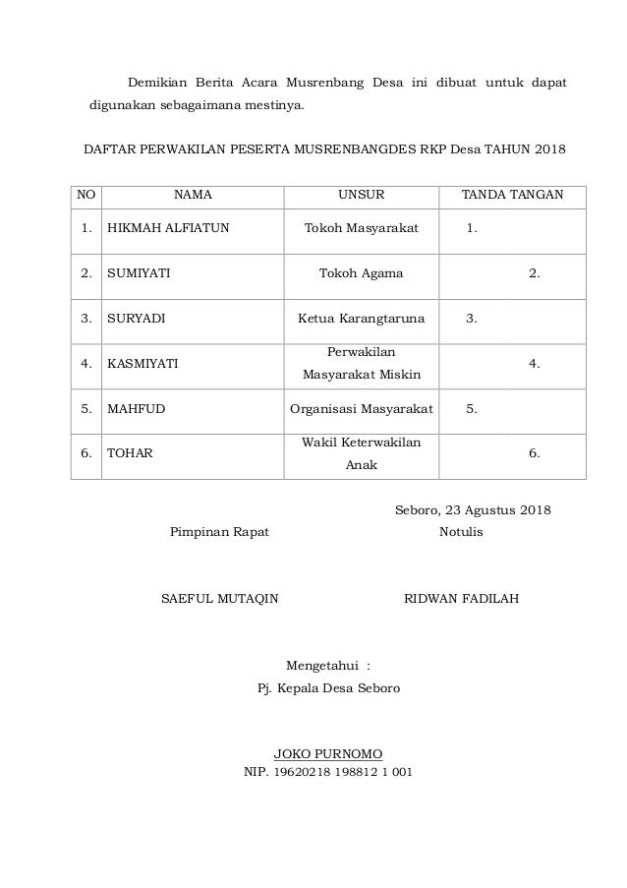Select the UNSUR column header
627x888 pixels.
pyautogui.click(x=361, y=195)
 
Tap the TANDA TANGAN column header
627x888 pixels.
pyautogui.click(x=512, y=195)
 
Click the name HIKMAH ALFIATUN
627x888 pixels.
pyautogui.click(x=168, y=228)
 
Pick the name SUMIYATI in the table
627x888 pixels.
pyautogui.click(x=138, y=273)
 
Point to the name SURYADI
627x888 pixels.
pyautogui.click(x=136, y=319)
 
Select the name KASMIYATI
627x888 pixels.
pyautogui.click(x=142, y=364)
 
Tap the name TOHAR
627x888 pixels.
pyautogui.click(x=129, y=454)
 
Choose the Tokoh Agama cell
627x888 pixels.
pyautogui.click(x=361, y=273)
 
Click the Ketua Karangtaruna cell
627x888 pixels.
pyautogui.click(x=361, y=319)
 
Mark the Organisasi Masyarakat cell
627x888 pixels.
pyautogui.click(x=361, y=409)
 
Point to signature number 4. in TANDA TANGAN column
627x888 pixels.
pyautogui.click(x=534, y=364)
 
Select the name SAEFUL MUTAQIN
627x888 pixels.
pyautogui.click(x=219, y=598)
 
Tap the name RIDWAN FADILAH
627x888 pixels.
pyautogui.click(x=462, y=598)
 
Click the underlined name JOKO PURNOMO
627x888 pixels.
pyautogui.click(x=327, y=753)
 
